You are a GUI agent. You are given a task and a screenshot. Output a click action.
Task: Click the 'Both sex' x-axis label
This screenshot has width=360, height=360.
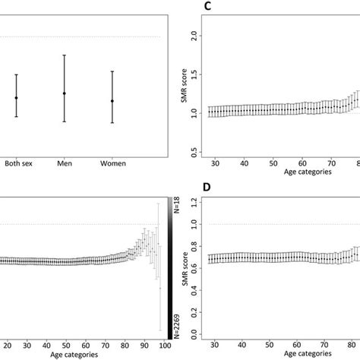point(18,163)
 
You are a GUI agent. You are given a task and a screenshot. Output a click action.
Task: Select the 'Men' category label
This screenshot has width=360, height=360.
point(65,163)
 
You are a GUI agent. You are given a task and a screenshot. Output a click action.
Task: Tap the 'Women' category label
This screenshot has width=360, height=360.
point(112,163)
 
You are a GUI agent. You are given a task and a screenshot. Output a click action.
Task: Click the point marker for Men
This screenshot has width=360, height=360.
point(65,93)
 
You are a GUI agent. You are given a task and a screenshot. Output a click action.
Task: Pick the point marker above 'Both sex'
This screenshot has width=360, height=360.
point(16,98)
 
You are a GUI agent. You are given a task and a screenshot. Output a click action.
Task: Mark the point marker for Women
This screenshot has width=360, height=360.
point(112,101)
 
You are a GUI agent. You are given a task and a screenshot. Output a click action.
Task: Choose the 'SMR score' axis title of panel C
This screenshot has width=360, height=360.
point(182,91)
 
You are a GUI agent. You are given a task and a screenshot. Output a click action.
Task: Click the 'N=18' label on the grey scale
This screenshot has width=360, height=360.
point(175,207)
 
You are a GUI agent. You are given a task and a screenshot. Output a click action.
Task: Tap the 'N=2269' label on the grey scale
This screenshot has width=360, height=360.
point(175,321)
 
